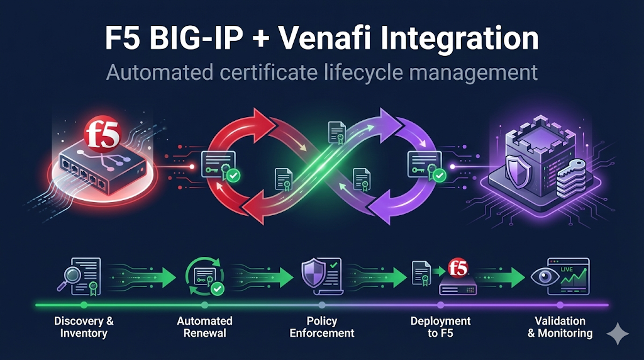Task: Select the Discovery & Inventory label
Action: point(84,327)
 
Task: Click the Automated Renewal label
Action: point(204,327)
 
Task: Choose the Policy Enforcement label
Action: point(322,327)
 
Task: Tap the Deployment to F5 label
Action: point(440,327)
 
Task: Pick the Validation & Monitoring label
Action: point(560,327)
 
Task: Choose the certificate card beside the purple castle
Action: point(424,164)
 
